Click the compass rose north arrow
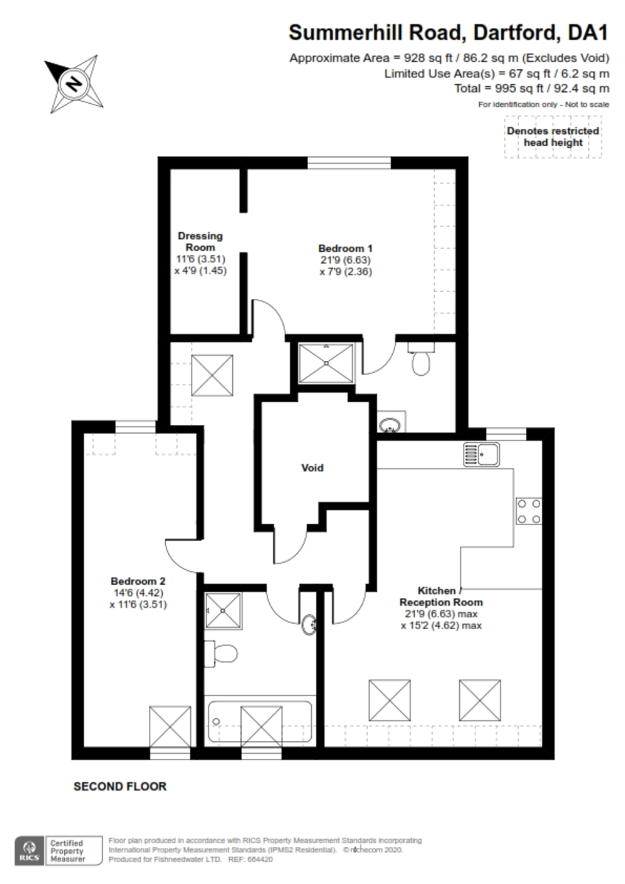coord(73,83)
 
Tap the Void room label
coord(312,468)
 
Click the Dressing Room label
coord(200,242)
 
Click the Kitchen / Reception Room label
coord(441,596)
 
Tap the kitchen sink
coord(481,454)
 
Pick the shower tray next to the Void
coord(327,364)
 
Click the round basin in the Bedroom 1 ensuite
coord(390,424)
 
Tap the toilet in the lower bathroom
coord(222,653)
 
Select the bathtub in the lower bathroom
coord(260,723)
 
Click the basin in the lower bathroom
coord(311,625)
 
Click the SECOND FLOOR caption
coord(119,787)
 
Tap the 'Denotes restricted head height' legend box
coord(552,136)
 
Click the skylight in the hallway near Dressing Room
coord(212,375)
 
